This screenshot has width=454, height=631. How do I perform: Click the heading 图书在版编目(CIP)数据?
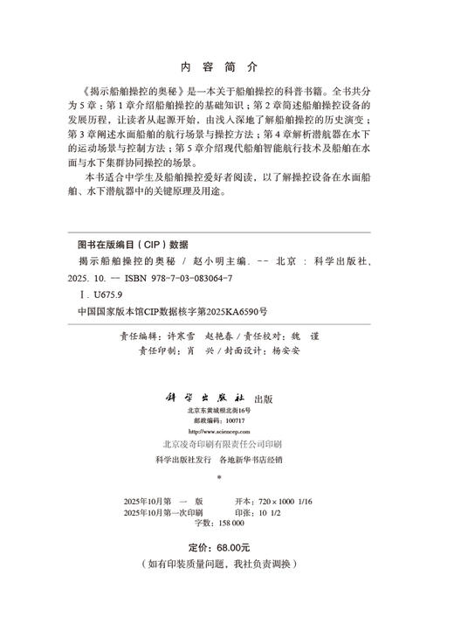point(133,245)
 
